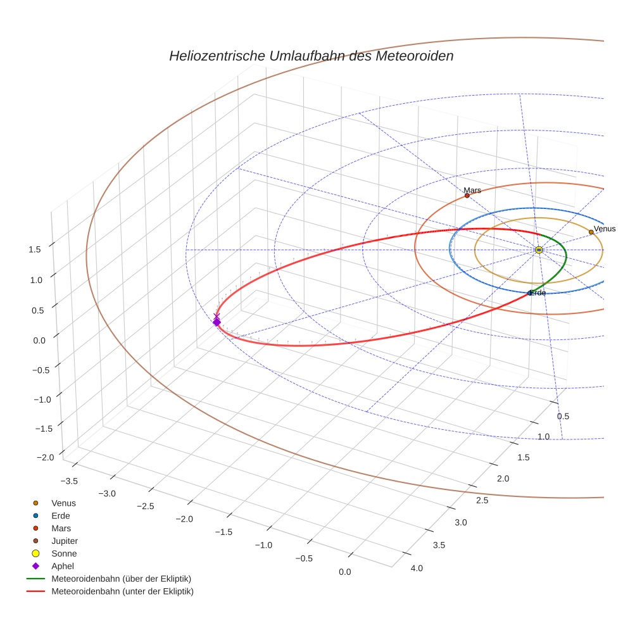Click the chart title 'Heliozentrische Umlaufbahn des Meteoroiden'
[x=311, y=56]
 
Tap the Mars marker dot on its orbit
[x=467, y=196]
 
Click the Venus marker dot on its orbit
[x=591, y=232]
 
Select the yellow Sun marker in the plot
[x=538, y=250]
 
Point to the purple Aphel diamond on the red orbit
[x=217, y=322]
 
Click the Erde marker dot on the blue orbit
[x=530, y=293]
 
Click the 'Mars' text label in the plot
[x=472, y=190]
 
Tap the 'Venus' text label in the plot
[x=605, y=229]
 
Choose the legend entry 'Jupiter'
[x=65, y=541]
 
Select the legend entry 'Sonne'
[x=64, y=553]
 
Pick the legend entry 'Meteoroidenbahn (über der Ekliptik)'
[x=122, y=579]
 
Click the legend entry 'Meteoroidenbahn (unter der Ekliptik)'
[x=122, y=591]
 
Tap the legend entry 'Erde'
[x=61, y=515]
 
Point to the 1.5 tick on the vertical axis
[x=35, y=249]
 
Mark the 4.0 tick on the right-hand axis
[x=417, y=567]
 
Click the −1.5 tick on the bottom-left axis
[x=225, y=532]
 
